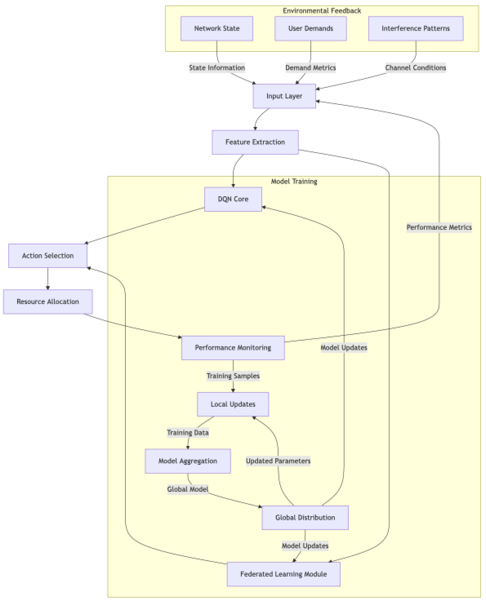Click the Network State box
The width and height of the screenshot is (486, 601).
point(217,29)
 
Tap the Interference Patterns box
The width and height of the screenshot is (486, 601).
point(416,29)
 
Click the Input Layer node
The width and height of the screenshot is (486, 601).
point(284,96)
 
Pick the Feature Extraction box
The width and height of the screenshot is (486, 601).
point(255,142)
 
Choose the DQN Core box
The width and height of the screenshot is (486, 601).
point(233,199)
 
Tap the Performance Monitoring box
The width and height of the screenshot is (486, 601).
point(233,348)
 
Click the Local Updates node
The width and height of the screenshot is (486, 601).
point(233,404)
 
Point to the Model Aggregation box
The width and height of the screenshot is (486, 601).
point(188,461)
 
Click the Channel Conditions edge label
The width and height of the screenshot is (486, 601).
point(416,68)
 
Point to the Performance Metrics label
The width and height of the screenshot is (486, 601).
point(439,227)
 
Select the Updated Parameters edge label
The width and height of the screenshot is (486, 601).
point(278,461)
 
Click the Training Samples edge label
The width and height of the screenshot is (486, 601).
point(233,376)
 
